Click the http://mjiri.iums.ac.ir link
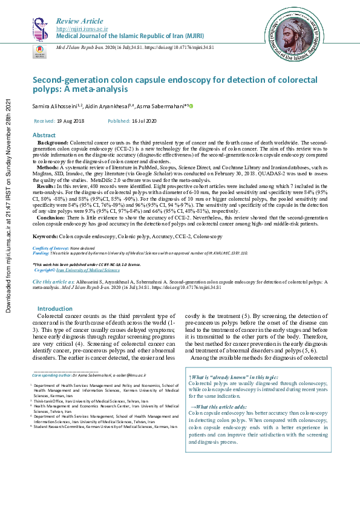point(82,29)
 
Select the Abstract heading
point(44,135)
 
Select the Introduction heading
point(55,308)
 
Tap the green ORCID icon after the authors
point(191,106)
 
